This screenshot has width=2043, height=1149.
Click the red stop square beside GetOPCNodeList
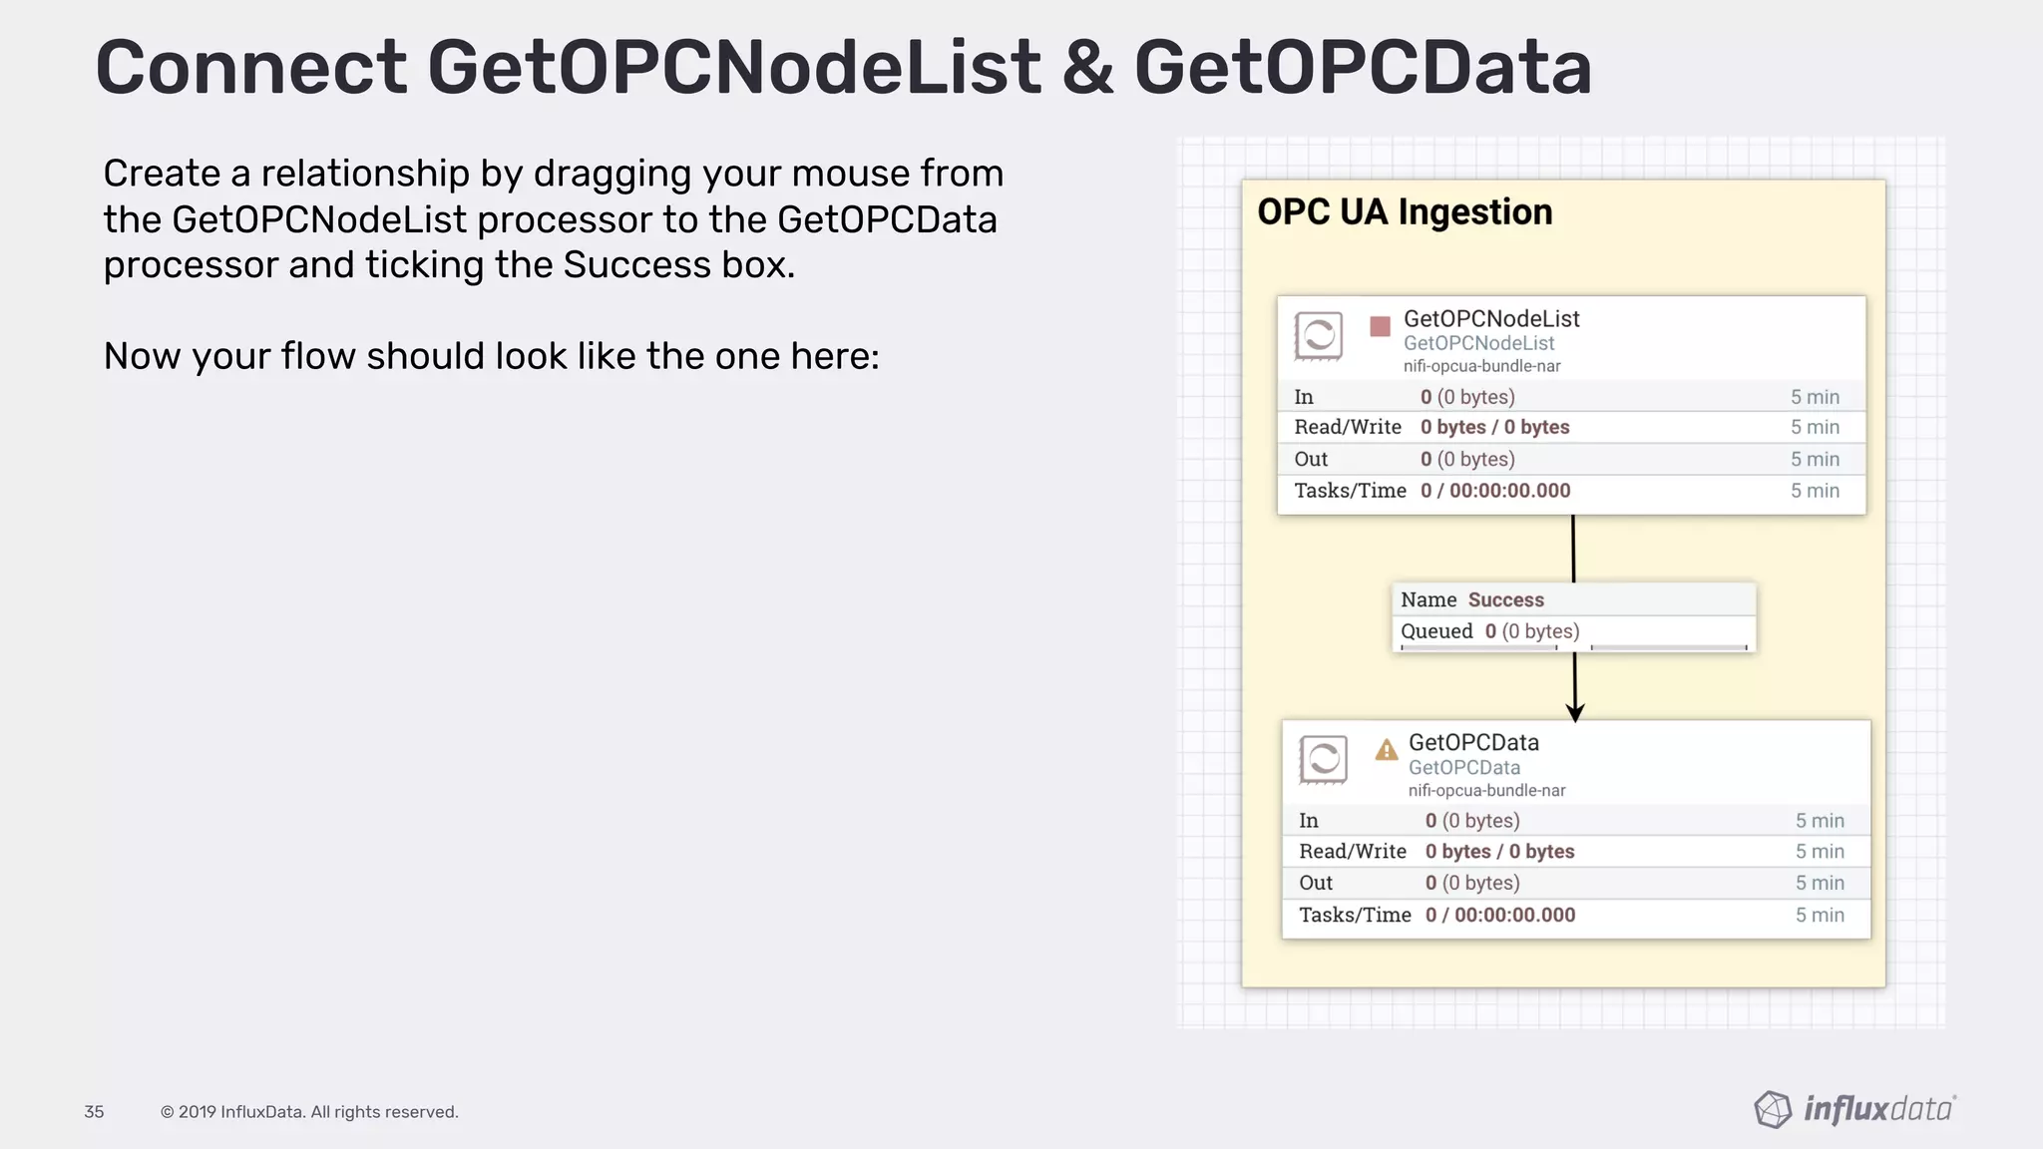(1380, 326)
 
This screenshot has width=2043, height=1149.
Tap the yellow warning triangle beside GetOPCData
(1386, 750)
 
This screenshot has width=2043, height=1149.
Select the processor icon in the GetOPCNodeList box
(1318, 335)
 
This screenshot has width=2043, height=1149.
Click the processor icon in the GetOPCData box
(1323, 760)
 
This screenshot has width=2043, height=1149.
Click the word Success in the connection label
(1505, 599)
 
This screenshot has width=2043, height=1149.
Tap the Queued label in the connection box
(1436, 631)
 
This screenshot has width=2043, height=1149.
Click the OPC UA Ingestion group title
(1405, 212)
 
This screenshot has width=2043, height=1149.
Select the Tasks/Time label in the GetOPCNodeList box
(1350, 491)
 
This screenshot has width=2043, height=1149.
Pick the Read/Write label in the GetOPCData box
(1352, 852)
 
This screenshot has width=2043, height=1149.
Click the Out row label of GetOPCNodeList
(1311, 459)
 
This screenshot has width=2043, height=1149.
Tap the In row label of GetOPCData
(1309, 821)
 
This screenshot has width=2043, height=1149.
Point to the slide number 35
(94, 1112)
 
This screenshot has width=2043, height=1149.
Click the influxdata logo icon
(1773, 1109)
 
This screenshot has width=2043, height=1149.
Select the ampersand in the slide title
(1087, 68)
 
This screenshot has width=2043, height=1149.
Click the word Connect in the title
(250, 68)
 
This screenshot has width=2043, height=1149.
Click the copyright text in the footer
(309, 1112)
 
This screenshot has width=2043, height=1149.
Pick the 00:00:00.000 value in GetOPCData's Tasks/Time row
(1514, 915)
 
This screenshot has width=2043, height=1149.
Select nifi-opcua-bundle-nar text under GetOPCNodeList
(1481, 366)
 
